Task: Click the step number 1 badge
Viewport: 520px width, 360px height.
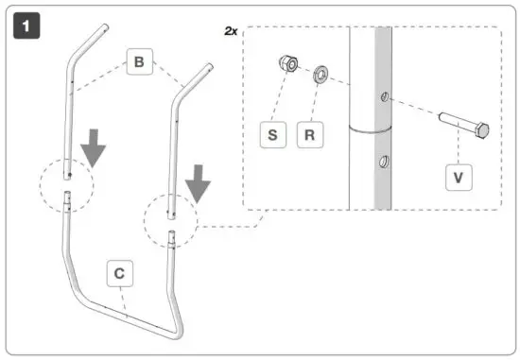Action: (x=26, y=26)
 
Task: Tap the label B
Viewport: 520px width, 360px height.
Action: (x=139, y=63)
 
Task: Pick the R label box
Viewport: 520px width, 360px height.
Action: (x=309, y=134)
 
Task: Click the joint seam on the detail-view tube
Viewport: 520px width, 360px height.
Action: (x=373, y=128)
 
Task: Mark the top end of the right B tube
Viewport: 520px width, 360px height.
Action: (x=205, y=68)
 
